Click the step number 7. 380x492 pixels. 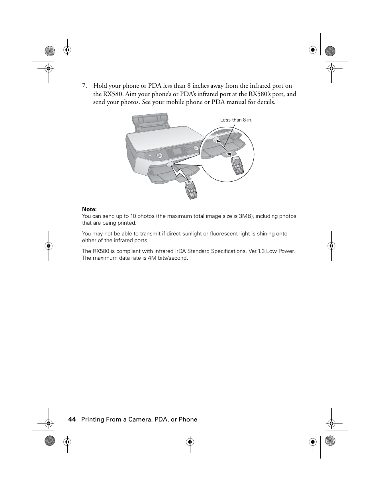tap(84, 86)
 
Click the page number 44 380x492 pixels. tap(72, 419)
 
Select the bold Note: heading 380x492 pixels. tap(89, 210)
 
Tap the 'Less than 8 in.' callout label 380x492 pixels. tap(236, 120)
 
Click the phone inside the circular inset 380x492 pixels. tap(237, 166)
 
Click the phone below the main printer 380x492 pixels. tap(191, 190)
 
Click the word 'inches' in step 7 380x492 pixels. tap(205, 86)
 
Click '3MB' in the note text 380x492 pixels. tap(246, 216)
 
